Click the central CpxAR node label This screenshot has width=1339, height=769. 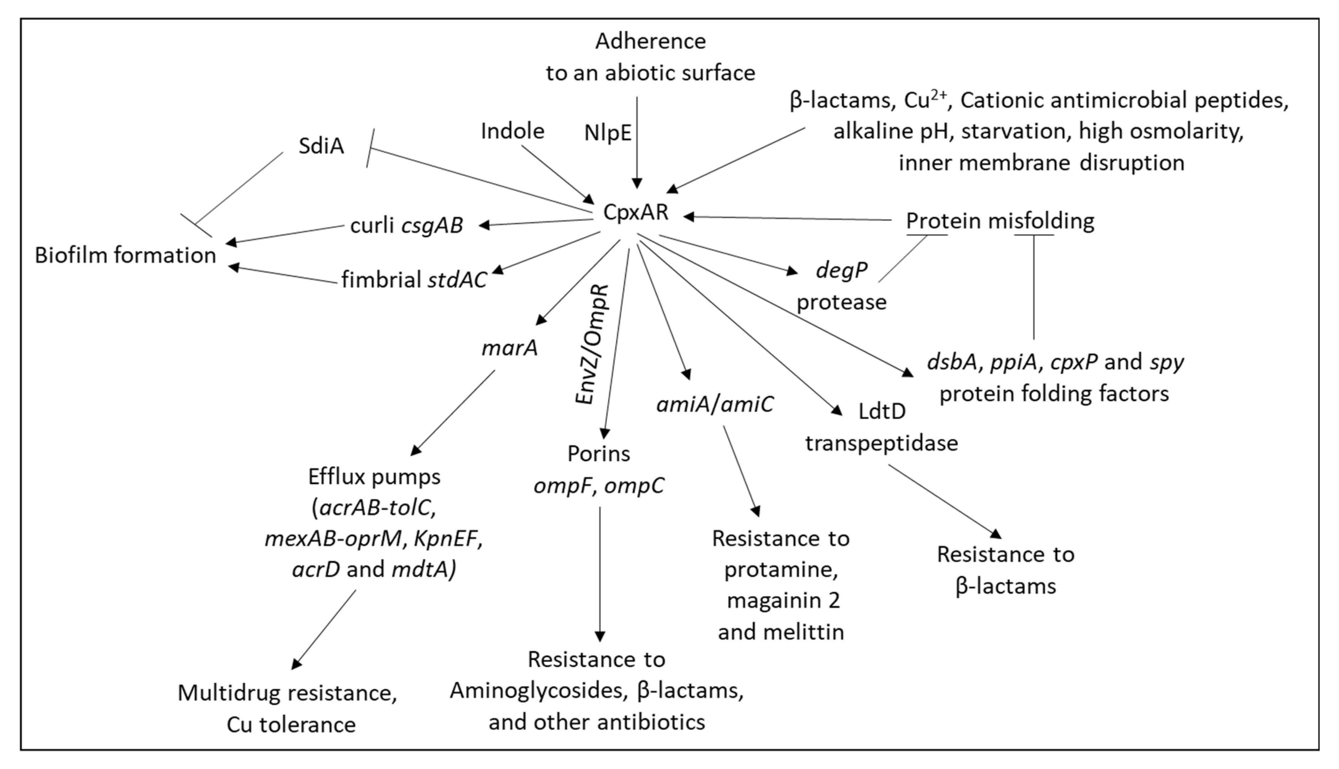click(636, 212)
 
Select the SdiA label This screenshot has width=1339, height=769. click(321, 146)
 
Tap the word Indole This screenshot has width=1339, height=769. click(512, 131)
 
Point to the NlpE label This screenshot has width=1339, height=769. click(607, 133)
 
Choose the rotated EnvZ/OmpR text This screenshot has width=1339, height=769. click(592, 344)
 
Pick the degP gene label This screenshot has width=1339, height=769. click(842, 270)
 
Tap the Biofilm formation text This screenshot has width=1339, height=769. click(126, 256)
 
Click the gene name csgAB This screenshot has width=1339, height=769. click(432, 226)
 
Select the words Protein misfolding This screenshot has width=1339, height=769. click(1000, 221)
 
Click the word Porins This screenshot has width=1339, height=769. click(599, 454)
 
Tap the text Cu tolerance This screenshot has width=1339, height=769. click(291, 725)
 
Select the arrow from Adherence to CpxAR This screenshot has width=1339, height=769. click(637, 143)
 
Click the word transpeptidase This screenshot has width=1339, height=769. click(881, 442)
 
